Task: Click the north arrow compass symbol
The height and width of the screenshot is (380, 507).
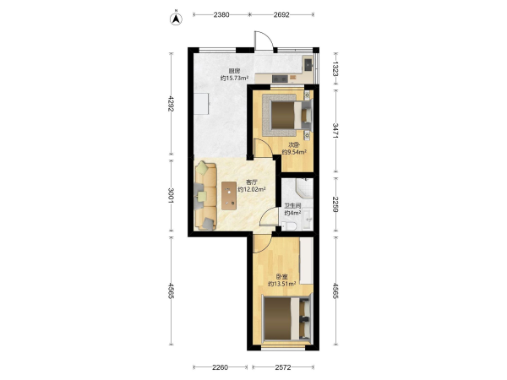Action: coord(177,19)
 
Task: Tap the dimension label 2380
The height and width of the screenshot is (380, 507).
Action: coord(221,14)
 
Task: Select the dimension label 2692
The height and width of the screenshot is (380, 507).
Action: coord(281,14)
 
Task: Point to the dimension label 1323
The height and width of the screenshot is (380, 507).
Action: coord(335,69)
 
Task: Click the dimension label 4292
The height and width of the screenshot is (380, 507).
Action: coord(171,104)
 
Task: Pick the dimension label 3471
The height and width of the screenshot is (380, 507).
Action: coord(335,131)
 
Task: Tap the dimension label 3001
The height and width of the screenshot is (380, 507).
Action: coord(171,196)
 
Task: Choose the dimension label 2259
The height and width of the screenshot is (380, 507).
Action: coord(335,204)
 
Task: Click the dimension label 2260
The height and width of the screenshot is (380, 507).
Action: coord(221,367)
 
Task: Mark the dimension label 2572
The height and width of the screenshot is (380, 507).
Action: coord(283,367)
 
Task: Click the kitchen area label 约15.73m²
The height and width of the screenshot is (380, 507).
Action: coord(234,78)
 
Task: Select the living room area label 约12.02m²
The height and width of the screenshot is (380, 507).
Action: coord(252,189)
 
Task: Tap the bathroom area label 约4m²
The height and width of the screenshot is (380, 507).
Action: coord(293,213)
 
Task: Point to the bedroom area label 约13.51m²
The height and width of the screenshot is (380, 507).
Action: coord(282,284)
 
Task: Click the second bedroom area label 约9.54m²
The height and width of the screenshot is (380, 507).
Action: coord(294,152)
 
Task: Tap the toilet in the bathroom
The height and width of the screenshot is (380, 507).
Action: coord(289,225)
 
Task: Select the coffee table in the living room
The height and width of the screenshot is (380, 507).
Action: coord(229,196)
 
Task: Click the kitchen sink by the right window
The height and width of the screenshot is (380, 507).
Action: coord(308,64)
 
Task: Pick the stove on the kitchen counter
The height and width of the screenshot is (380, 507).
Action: coord(280,79)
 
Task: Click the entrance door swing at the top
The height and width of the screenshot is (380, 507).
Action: coord(264,41)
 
